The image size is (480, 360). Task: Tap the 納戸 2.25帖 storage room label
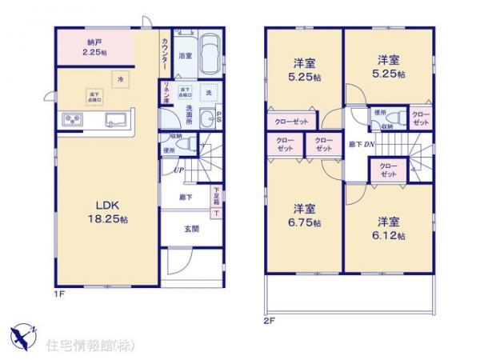95,48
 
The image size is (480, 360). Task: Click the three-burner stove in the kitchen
71,122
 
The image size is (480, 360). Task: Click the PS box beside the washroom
218,118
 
